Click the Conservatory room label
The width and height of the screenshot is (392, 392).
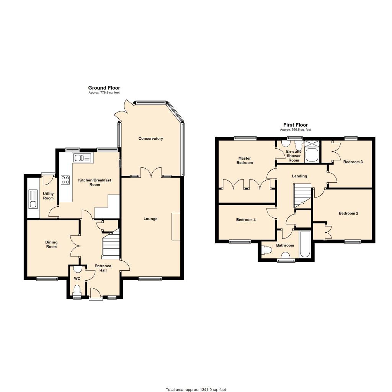click(150, 139)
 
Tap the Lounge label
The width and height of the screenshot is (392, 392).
click(150, 219)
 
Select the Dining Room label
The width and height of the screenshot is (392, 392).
click(51, 245)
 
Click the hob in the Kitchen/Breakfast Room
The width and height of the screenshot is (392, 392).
click(65, 180)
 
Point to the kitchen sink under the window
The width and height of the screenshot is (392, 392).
click(82, 158)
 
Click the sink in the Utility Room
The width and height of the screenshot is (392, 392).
click(33, 199)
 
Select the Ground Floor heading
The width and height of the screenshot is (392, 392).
click(104, 88)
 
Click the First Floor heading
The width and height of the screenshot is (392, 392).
click(296, 125)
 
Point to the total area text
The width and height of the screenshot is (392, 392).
click(196, 389)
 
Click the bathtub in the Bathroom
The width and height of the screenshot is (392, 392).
click(305, 245)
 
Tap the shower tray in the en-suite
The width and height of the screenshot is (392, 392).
click(312, 155)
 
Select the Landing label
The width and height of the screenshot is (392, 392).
click(299, 176)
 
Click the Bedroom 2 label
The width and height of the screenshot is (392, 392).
click(348, 213)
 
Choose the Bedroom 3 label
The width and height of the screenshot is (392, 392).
click(353, 162)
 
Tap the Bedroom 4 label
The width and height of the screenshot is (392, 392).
click(246, 220)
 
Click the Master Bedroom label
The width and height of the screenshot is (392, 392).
click(245, 160)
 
